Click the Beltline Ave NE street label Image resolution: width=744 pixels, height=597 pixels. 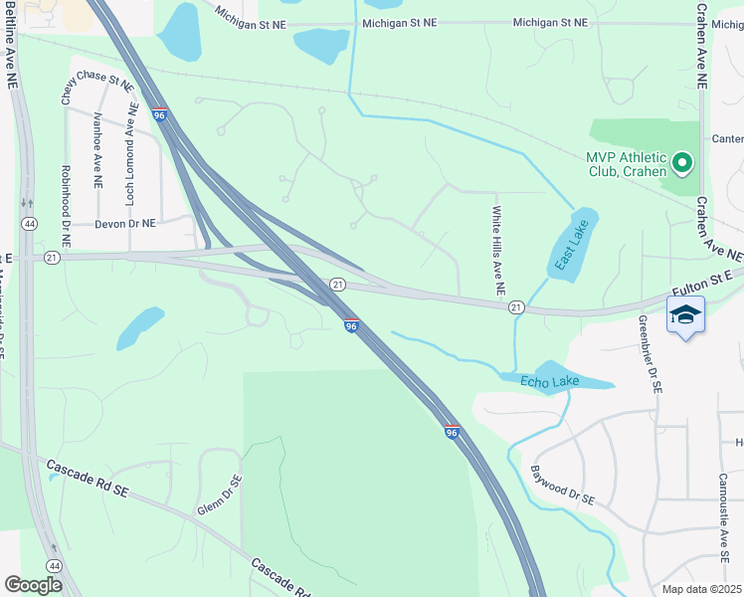click(x=12, y=46)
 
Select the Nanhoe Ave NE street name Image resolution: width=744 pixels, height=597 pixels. click(x=97, y=150)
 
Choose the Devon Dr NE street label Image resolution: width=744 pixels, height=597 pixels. click(x=125, y=224)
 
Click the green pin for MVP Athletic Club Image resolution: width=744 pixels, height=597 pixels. click(x=682, y=161)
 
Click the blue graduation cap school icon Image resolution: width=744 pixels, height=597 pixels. click(x=685, y=315)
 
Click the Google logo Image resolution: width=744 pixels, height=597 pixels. click(x=33, y=584)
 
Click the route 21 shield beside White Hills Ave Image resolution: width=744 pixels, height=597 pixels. click(x=516, y=308)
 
